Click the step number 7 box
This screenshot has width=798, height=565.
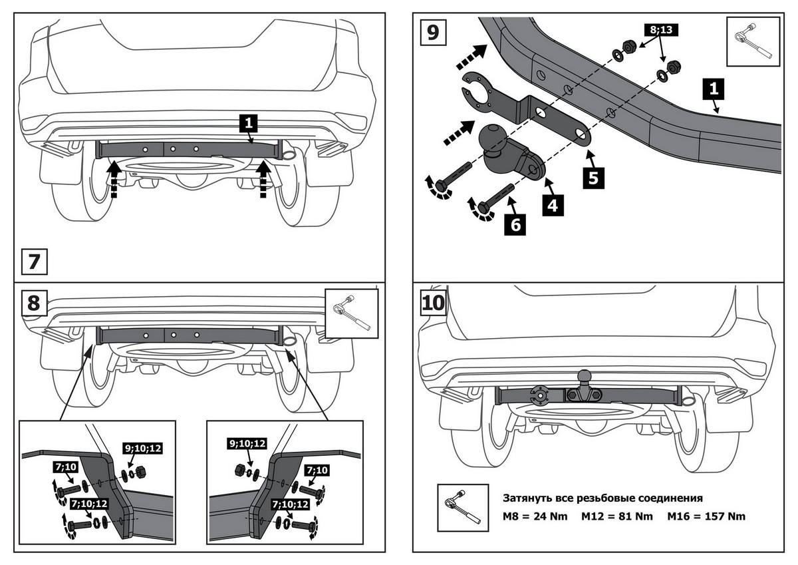pos(35,261)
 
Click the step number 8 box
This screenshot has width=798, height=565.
pos(35,303)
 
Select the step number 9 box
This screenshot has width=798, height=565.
pos(433,31)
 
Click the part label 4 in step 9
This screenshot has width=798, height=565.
pos(552,204)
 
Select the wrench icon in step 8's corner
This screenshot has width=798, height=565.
pos(352,312)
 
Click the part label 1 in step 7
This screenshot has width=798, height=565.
pos(248,122)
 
